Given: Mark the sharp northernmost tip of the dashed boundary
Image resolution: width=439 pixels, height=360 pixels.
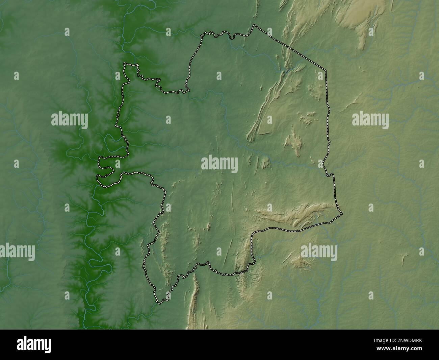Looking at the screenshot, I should pos(254,25).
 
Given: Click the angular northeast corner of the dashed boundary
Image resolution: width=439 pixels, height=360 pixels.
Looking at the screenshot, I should pos(326,70).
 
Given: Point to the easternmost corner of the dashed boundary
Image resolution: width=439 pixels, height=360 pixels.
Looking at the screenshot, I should pos(342,214).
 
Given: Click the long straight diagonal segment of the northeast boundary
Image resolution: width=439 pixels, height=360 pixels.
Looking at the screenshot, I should pos(290,47).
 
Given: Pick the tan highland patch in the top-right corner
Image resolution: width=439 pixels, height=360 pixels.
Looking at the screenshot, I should pos(358,17).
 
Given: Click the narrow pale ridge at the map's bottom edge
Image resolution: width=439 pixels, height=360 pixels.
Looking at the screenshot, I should pos(194,304).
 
